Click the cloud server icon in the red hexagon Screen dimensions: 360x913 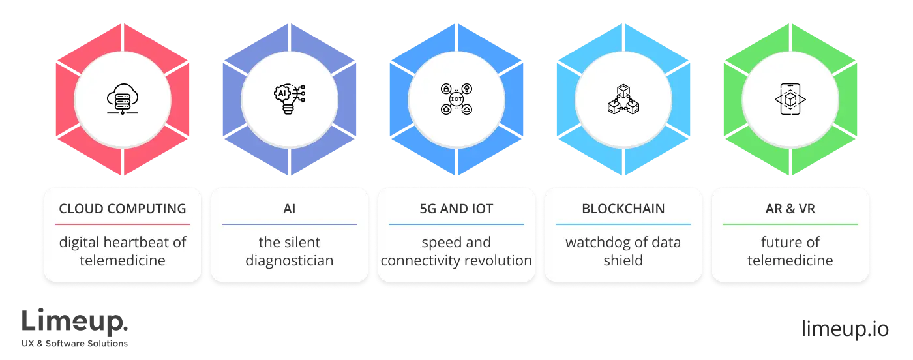pyautogui.click(x=123, y=100)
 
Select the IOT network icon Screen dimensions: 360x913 pyautogui.click(x=456, y=100)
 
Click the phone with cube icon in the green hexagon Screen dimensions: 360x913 pyautogui.click(x=790, y=100)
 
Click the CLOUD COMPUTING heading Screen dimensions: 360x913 pyautogui.click(x=123, y=209)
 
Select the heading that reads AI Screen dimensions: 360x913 pyautogui.click(x=289, y=209)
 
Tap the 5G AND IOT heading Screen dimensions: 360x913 pyautogui.click(x=456, y=209)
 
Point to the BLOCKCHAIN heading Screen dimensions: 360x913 pyautogui.click(x=623, y=209)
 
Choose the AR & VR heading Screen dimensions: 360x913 pyautogui.click(x=790, y=209)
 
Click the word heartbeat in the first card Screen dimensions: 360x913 pyautogui.click(x=137, y=243)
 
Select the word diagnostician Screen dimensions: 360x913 pyautogui.click(x=289, y=261)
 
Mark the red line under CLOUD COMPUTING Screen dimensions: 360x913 pyautogui.click(x=123, y=224)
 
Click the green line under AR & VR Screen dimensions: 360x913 pyautogui.click(x=790, y=224)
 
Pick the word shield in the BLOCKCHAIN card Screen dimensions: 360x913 pyautogui.click(x=623, y=261)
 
